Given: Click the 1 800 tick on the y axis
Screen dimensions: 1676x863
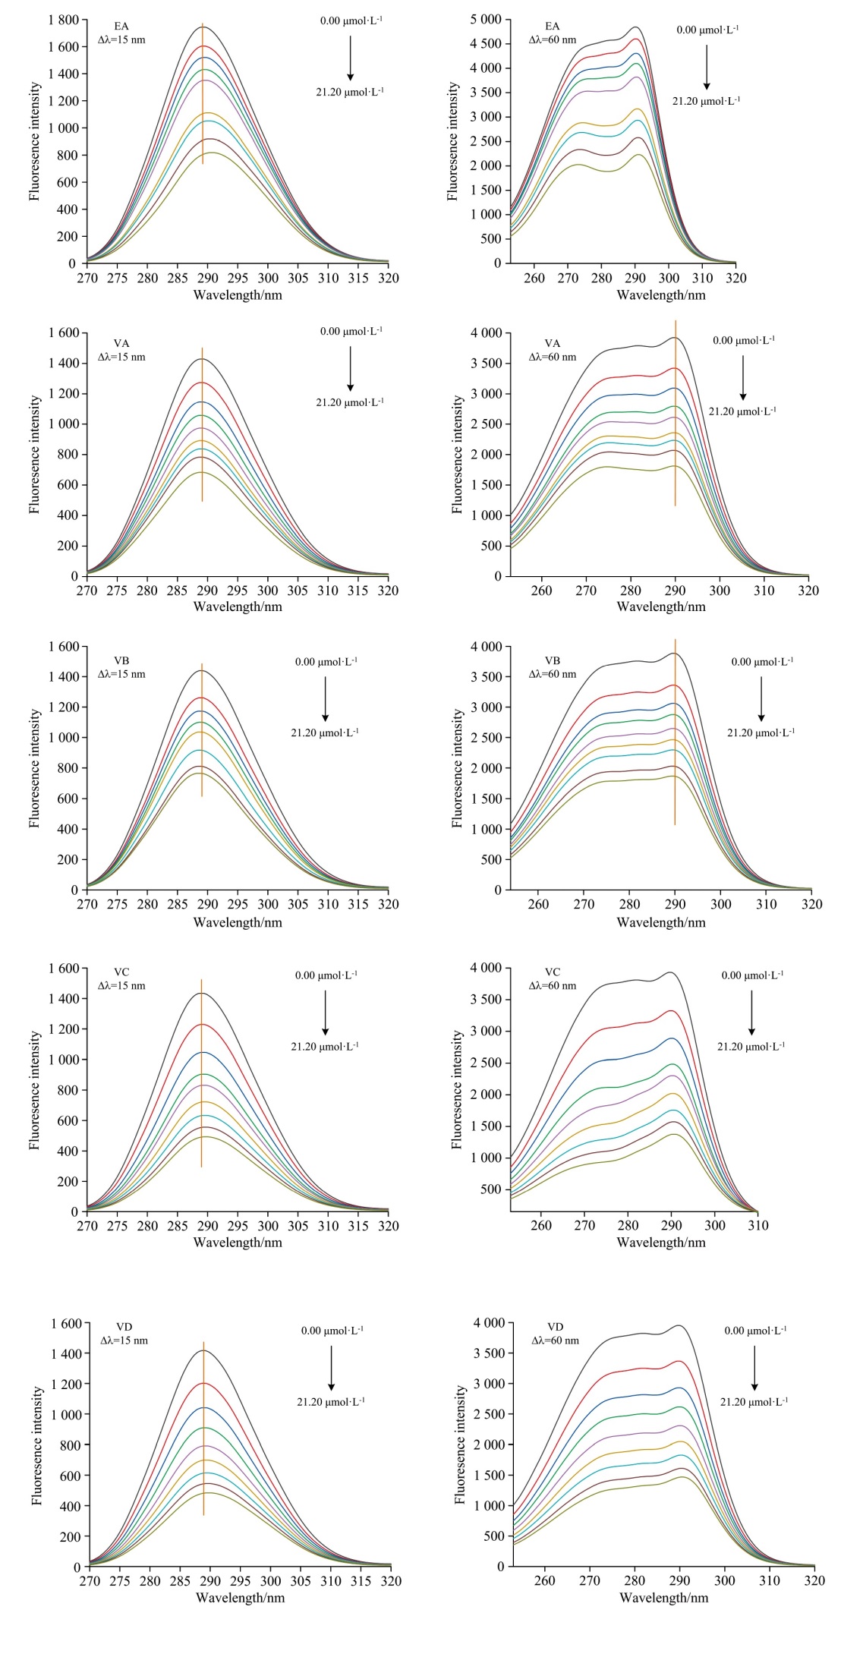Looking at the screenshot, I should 63,20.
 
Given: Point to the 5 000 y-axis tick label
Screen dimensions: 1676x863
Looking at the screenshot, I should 486,20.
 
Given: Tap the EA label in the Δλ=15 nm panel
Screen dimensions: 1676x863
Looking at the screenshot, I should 121,27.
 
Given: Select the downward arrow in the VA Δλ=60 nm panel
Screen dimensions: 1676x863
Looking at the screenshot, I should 743,376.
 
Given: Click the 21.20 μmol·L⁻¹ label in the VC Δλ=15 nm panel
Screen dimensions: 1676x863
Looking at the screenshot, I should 325,1047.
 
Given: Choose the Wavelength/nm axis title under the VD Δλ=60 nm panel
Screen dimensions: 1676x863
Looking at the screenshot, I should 663,1598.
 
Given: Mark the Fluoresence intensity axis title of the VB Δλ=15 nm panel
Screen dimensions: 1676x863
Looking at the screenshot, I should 34,768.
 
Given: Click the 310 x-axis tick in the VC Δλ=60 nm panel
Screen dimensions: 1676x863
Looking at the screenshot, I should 758,1225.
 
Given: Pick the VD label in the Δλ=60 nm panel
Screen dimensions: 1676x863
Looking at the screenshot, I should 556,1327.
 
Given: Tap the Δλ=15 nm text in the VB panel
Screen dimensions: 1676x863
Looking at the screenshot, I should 121,675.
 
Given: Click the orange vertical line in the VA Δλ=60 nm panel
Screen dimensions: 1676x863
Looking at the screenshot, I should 676,425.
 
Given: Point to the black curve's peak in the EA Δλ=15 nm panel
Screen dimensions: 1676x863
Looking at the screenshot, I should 203,27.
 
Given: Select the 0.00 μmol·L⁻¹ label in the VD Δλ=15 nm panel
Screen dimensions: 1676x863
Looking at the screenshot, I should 332,1331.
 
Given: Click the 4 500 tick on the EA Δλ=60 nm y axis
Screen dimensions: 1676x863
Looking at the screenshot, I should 486,44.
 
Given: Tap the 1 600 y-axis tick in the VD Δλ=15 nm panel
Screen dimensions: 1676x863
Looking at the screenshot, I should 66,1324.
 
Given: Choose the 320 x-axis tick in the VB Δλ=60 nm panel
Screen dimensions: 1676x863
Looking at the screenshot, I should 812,904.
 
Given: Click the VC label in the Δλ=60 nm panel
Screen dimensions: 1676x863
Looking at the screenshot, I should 553,972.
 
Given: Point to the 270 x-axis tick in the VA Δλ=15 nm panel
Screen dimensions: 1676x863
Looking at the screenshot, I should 87,591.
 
